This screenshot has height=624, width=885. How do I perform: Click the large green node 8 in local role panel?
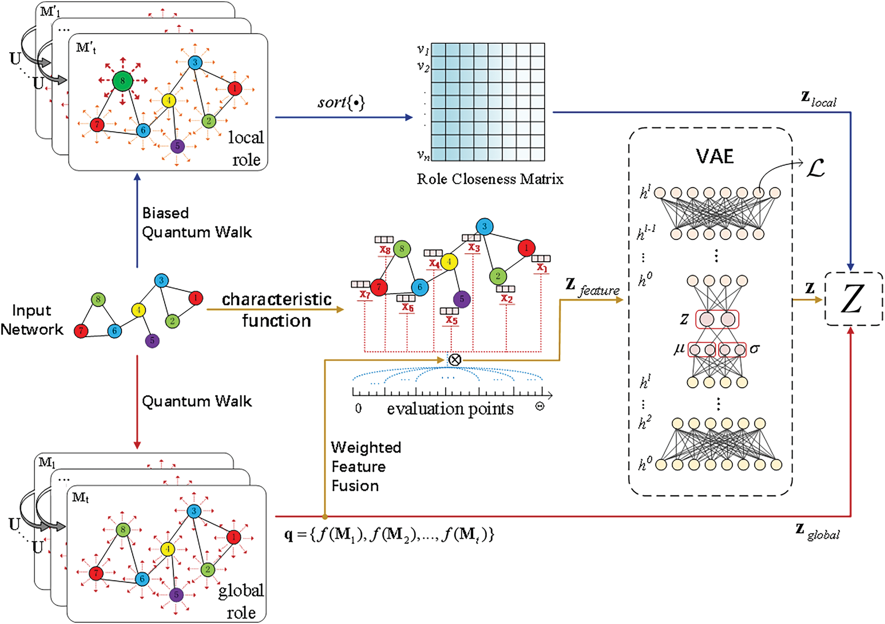point(123,81)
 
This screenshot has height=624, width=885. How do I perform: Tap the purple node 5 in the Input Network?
point(152,341)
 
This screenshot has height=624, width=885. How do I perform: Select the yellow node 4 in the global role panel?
point(168,549)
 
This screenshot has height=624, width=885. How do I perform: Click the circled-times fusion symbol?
point(455,360)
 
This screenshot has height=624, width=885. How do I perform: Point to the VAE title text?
point(715,156)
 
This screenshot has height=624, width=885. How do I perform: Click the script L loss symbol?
point(816,168)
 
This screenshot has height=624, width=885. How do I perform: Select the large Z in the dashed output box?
point(853,299)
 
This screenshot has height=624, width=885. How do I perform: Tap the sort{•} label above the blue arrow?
point(341,102)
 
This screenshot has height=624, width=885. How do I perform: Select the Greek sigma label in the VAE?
point(754,349)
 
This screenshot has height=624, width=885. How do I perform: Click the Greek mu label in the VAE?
point(679,349)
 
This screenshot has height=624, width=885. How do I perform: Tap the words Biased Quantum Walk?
point(196,223)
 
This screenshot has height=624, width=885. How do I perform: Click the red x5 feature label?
point(452,320)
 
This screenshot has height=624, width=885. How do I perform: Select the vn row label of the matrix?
point(423,155)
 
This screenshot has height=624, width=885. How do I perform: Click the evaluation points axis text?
point(450,409)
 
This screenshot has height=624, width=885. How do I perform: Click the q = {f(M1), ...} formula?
point(389,534)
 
